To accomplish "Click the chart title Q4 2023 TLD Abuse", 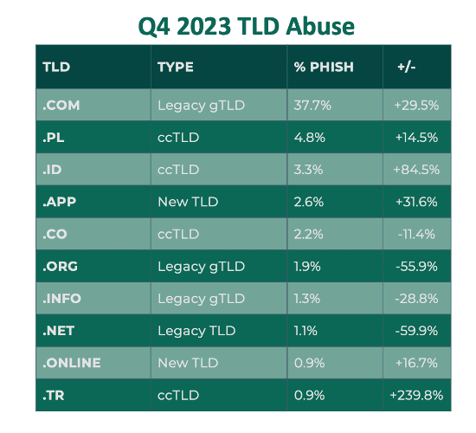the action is [x=246, y=27].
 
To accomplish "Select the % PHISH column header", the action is [x=324, y=67].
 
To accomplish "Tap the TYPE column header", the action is [x=176, y=67].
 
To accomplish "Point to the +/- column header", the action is [x=407, y=67].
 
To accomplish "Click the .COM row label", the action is [x=61, y=106].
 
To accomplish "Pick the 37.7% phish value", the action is [x=312, y=106].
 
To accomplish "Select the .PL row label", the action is [x=54, y=138].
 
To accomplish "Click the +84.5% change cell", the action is [x=416, y=170].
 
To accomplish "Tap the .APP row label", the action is [x=59, y=202].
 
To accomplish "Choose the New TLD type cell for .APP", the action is [x=188, y=202].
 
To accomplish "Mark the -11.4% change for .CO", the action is [x=416, y=235].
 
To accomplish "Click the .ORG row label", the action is [x=60, y=267].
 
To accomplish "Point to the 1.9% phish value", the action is [x=307, y=267].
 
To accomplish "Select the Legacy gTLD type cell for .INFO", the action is [x=202, y=299].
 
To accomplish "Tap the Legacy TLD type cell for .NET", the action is [x=196, y=331].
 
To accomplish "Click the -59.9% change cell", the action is [x=416, y=331].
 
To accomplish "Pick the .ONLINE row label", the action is [x=72, y=363].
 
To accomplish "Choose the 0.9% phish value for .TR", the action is [x=309, y=395].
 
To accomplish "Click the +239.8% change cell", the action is [x=416, y=395].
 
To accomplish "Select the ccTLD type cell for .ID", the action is [x=178, y=170].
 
